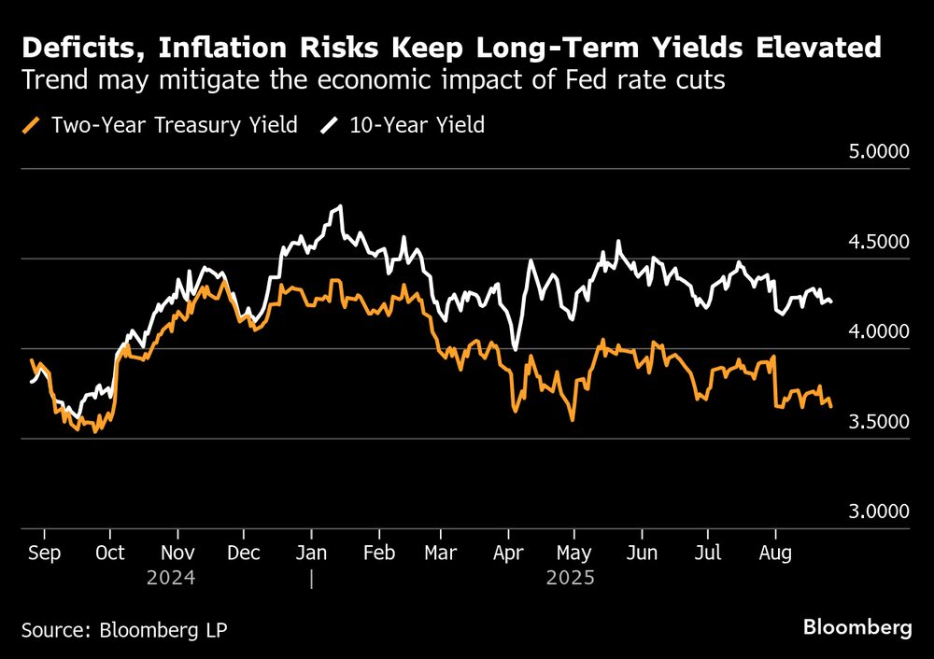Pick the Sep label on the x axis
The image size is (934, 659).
coord(44,554)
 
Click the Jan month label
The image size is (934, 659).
coord(311,554)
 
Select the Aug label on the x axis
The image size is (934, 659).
coord(774,554)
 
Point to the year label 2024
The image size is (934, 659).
coord(171,579)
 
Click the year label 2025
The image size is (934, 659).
coord(571,579)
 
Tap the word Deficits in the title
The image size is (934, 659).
coord(74,48)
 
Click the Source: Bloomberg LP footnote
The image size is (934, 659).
coord(124,630)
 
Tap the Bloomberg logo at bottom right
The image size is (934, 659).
coord(856,628)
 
